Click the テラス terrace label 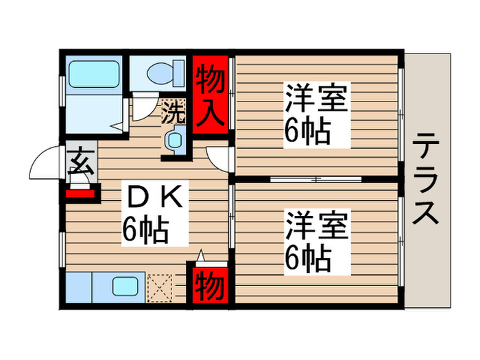426,180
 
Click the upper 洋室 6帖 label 315,114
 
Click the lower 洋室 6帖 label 315,241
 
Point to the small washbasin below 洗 173,139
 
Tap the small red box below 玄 82,193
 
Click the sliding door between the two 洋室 315,180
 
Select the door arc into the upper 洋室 219,160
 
